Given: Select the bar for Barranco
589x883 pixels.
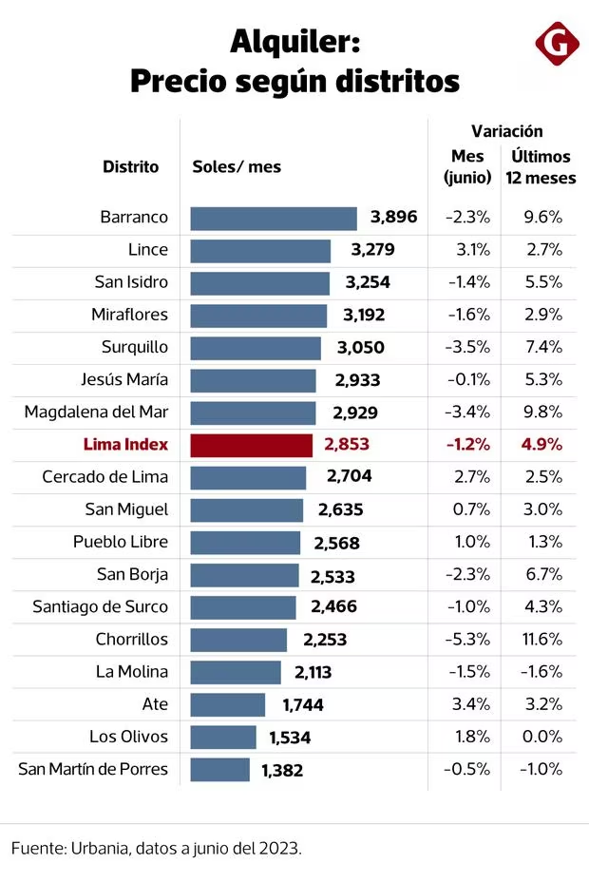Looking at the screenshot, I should tap(274, 218).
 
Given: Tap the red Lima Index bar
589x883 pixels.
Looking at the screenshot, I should tap(252, 445).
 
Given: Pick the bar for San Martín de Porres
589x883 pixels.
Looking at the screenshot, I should tap(220, 770).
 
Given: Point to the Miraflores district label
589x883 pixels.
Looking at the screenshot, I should tap(129, 315).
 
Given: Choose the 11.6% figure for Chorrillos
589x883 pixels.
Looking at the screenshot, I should tap(542, 640).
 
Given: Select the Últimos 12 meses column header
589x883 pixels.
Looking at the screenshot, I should tap(539, 166).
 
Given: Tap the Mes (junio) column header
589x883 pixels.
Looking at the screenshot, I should tap(467, 166).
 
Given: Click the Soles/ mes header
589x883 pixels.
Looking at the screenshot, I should tap(237, 166).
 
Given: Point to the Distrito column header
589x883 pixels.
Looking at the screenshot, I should tap(131, 166).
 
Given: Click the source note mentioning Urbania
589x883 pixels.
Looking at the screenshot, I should tap(157, 848).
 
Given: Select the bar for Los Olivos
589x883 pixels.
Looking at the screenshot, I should tap(223, 738).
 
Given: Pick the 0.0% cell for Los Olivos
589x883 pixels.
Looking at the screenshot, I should tap(542, 737).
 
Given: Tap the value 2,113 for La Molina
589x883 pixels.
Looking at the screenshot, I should tap(313, 672).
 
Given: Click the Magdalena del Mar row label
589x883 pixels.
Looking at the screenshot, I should tap(99, 413).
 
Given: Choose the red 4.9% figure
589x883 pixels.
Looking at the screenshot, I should tap(541, 445).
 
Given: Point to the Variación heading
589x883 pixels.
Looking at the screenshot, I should tap(506, 132).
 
